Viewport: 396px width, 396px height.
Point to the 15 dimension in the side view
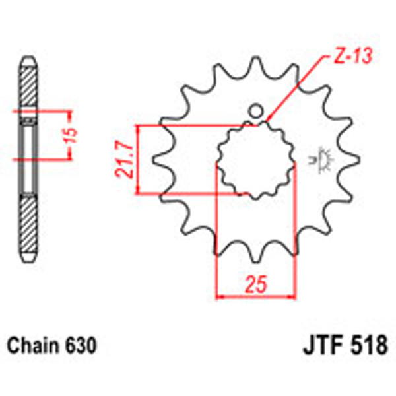(73, 135)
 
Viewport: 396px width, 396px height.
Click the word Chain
(31, 345)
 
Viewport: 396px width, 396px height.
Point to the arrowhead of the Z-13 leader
(270, 121)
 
